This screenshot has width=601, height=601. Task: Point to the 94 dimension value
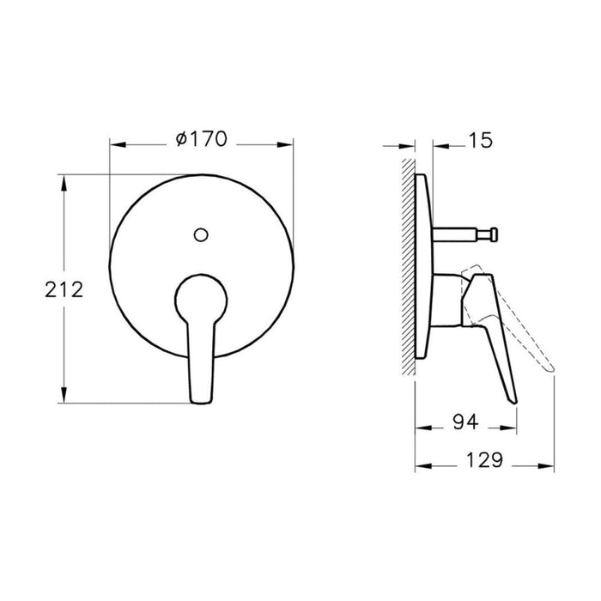point(465,422)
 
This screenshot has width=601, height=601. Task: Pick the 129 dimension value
point(483,461)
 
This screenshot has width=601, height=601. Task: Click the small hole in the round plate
point(200,233)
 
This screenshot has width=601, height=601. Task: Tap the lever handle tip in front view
point(197,393)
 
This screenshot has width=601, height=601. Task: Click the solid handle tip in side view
point(512,394)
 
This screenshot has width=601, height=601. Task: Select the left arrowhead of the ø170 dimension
point(114,143)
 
